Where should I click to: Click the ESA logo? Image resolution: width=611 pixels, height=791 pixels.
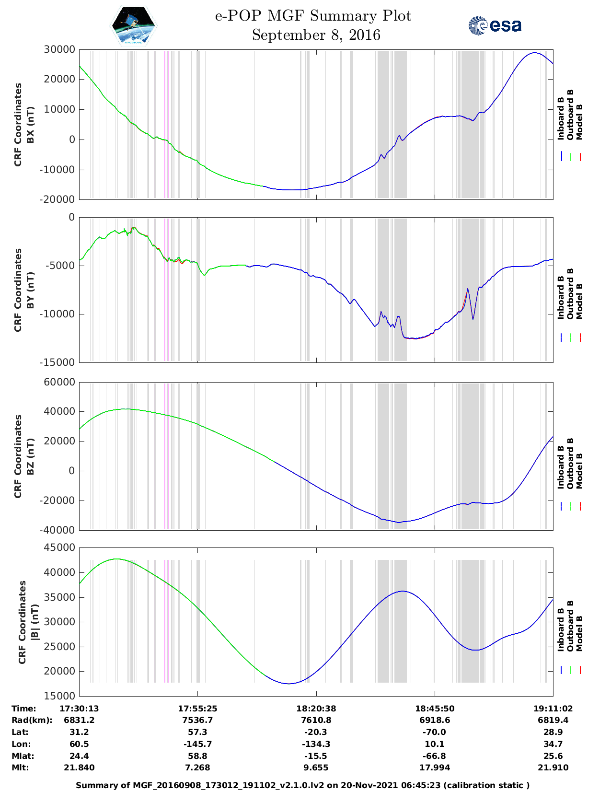tap(495, 25)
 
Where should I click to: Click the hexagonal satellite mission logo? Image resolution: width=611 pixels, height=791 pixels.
tap(134, 25)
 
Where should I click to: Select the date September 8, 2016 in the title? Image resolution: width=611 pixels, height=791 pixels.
tap(316, 35)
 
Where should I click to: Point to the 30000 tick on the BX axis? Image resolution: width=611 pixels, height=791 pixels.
tap(59, 49)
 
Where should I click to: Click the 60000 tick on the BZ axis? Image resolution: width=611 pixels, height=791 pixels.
tap(59, 382)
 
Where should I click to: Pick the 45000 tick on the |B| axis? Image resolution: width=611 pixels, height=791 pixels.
tap(59, 547)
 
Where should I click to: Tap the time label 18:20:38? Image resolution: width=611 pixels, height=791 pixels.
tap(316, 709)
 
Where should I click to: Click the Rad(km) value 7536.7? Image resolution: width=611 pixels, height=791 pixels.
tap(197, 720)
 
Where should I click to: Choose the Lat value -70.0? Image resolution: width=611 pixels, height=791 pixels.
tap(435, 732)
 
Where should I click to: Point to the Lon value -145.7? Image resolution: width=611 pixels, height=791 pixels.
tap(197, 744)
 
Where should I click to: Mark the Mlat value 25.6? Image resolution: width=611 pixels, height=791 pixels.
tap(553, 756)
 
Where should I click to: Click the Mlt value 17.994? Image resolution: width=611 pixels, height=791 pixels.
tap(435, 768)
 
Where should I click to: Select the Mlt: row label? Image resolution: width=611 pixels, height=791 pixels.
tap(20, 768)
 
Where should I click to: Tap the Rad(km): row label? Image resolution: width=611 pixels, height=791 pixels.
tap(32, 720)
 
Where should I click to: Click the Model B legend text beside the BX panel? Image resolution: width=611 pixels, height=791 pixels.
tap(579, 122)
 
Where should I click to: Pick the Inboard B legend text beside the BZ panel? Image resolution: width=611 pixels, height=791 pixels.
tap(561, 467)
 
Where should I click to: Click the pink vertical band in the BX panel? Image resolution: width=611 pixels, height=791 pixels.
tap(165, 124)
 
